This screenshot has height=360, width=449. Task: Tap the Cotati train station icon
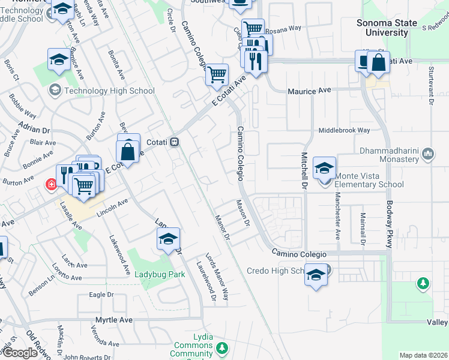[x=175, y=142]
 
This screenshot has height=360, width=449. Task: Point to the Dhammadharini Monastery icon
[x=428, y=154]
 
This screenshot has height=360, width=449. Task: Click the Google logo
[x=20, y=352]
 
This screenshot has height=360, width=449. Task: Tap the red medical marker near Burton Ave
[x=52, y=184]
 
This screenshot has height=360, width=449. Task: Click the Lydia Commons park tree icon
[x=222, y=347]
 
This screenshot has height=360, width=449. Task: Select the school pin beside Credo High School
[x=316, y=275]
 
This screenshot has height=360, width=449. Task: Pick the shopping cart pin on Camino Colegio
[x=217, y=75]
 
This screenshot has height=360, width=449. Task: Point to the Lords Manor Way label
[x=217, y=277]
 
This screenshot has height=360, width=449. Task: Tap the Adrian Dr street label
[x=33, y=127]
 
